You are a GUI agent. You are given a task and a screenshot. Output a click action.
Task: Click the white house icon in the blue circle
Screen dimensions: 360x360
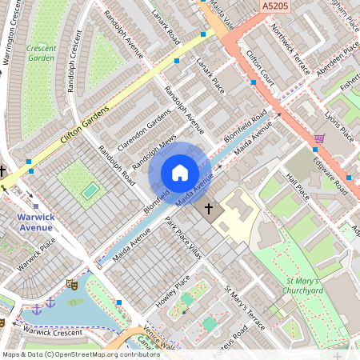(x=180, y=173)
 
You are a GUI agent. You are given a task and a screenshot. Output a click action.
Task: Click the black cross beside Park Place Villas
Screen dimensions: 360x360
(x=210, y=209)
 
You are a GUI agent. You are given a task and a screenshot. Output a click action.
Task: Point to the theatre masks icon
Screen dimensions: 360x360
(x=71, y=284)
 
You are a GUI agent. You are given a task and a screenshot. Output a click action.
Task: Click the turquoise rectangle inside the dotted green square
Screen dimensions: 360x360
(x=90, y=190)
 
